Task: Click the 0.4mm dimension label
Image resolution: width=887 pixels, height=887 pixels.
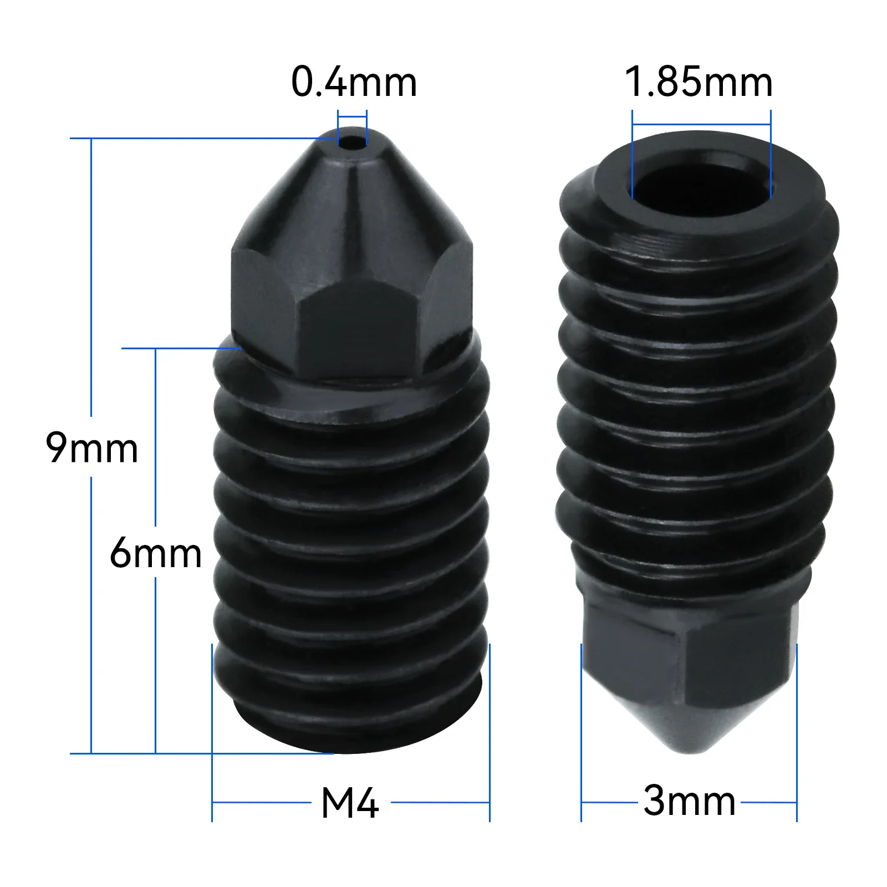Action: (354, 82)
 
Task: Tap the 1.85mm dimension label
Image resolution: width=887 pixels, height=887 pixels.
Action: (699, 82)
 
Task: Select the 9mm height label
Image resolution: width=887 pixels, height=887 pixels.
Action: (91, 448)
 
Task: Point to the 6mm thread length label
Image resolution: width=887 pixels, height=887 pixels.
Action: (156, 552)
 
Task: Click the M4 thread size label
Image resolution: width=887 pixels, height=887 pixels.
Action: (350, 803)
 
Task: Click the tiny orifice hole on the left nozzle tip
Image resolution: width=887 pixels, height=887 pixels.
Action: (352, 140)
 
